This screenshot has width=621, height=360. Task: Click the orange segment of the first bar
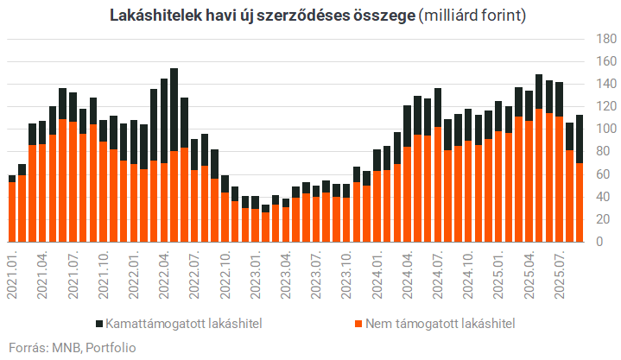point(12,212)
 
